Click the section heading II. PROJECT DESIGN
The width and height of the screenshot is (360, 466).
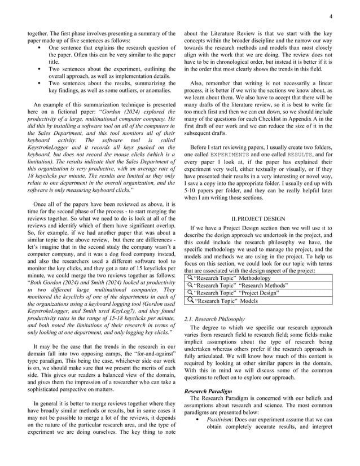point(258,218)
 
